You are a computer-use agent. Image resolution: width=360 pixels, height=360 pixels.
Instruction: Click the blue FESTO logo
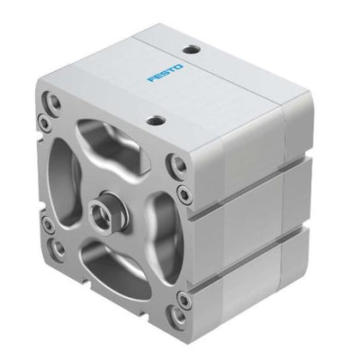[x=166, y=72]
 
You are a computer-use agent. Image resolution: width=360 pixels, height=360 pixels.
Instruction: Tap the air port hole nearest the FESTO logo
[x=190, y=49]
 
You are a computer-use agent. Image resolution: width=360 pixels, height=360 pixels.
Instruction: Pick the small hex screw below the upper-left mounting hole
[x=43, y=121]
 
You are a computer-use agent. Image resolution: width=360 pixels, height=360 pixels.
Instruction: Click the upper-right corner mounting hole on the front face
[x=179, y=164]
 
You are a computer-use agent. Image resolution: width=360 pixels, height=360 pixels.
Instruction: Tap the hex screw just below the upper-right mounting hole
[x=183, y=193]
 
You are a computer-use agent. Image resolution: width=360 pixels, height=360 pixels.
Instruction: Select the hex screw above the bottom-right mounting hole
[x=183, y=297]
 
